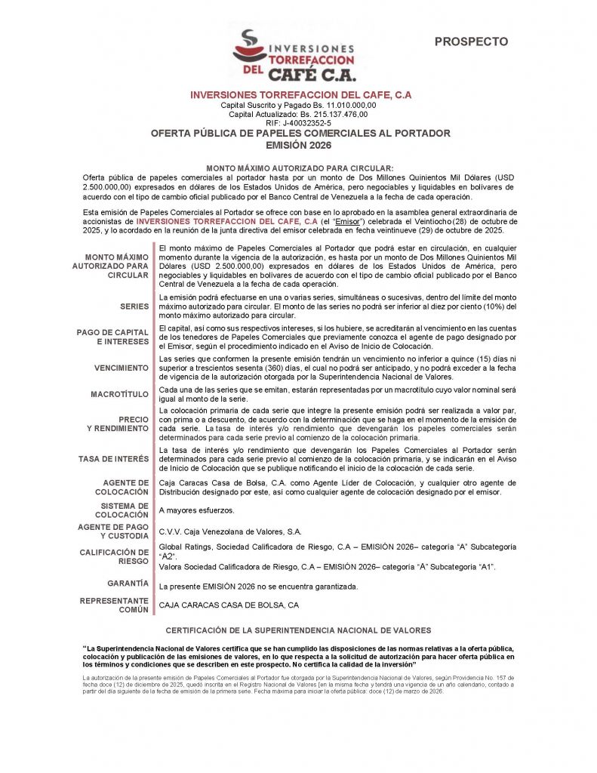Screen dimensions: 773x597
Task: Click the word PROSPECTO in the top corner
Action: [x=471, y=42]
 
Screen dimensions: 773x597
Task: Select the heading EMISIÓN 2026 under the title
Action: [x=300, y=145]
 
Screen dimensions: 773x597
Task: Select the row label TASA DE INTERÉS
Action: [x=113, y=458]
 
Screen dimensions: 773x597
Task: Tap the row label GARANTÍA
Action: [x=128, y=584]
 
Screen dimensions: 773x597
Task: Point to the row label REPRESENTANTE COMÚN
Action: [x=114, y=605]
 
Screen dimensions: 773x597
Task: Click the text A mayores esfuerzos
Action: [x=196, y=510]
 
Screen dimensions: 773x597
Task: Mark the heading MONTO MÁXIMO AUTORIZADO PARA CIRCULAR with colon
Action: [x=300, y=168]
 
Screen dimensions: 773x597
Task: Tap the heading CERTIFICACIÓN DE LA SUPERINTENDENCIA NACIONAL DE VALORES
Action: [x=298, y=630]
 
